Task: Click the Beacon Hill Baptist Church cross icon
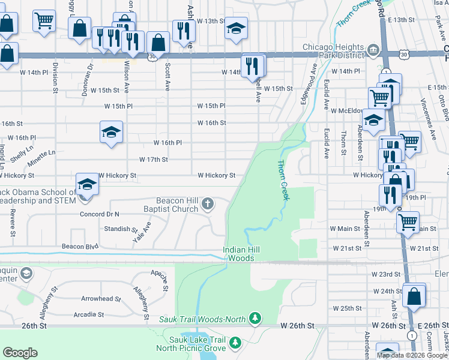coord(208,205)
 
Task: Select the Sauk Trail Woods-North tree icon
coord(256,317)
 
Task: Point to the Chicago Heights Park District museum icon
coord(372,48)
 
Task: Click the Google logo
coord(20,352)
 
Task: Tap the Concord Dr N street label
coord(100,214)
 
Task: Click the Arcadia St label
coord(88,314)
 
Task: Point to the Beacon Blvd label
coord(80,247)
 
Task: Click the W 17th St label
coord(153,160)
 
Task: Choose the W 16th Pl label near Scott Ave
coord(167,143)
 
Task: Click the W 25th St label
coord(348,308)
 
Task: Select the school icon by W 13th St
coord(236,28)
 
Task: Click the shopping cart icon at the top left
coord(44,20)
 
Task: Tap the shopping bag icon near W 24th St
coord(414,295)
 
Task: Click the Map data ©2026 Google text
coord(412,355)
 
